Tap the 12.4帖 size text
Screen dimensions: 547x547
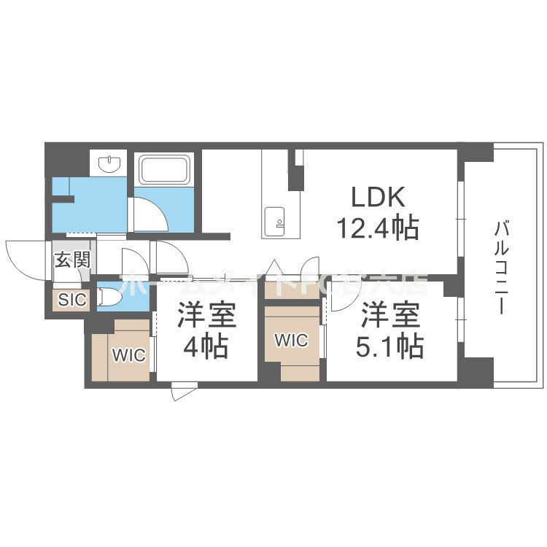[376, 228]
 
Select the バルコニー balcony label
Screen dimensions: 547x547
[501, 268]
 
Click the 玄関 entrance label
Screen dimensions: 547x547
[71, 259]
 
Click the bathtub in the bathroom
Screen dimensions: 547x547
[165, 170]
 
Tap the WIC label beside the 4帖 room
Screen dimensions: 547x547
[128, 355]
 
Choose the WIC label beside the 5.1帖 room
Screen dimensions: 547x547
[291, 340]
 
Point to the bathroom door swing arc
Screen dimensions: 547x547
[154, 210]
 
